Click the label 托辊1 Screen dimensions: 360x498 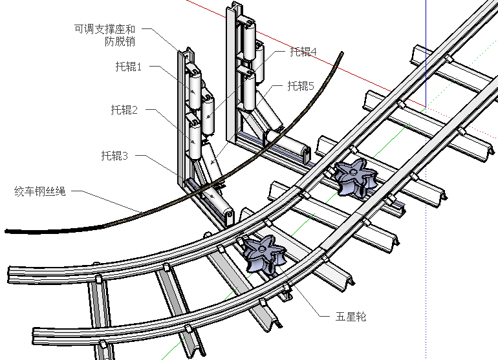pos(128,67)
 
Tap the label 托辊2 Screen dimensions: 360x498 pos(124,110)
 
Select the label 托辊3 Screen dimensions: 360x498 pos(114,156)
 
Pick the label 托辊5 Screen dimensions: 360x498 pos(301,86)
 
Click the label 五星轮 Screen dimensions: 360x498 pos(351,317)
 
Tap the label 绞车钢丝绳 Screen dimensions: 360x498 pos(39,192)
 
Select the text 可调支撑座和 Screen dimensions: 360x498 pos(105,29)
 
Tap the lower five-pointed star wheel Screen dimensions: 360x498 pos(262,253)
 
